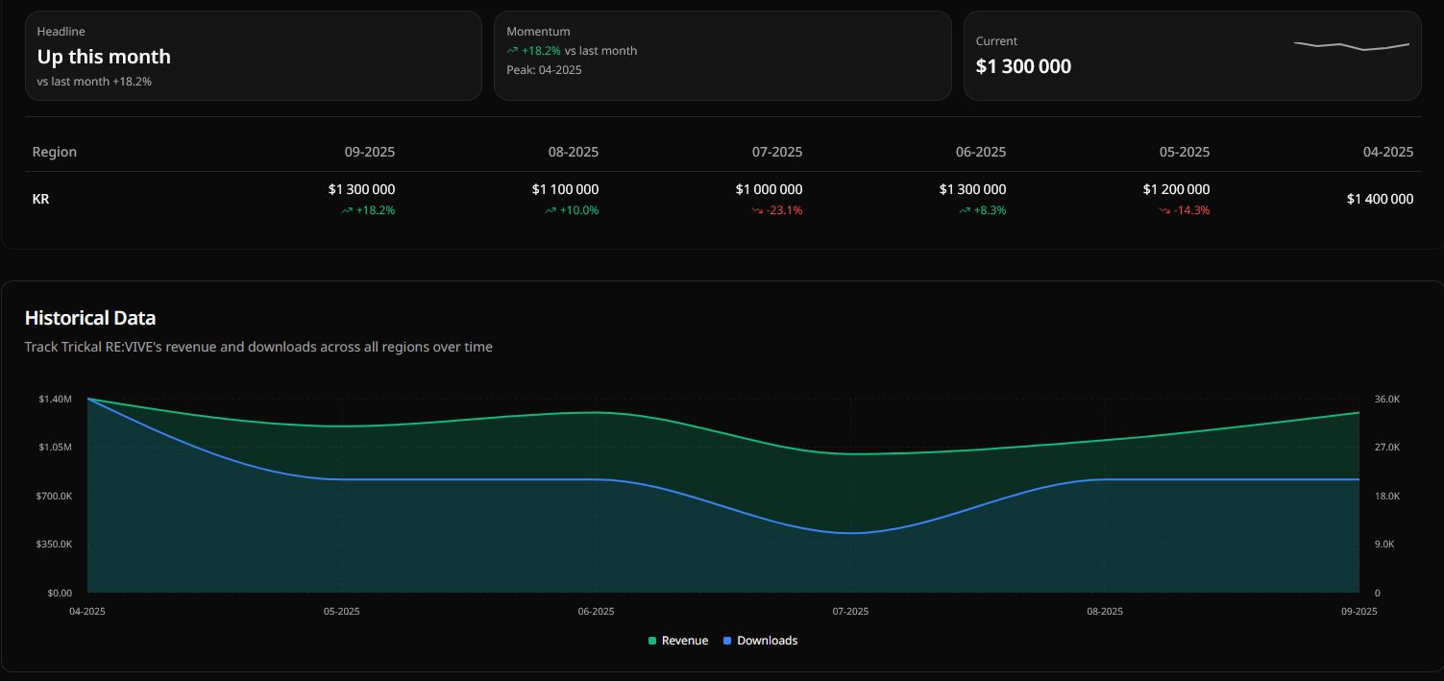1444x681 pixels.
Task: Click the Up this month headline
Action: (x=104, y=57)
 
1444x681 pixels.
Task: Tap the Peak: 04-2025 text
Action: (x=544, y=70)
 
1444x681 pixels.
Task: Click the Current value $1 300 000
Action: (x=1023, y=66)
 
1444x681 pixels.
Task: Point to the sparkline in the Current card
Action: (x=1352, y=45)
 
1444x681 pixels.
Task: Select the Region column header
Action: (x=55, y=152)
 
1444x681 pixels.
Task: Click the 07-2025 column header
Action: (x=776, y=152)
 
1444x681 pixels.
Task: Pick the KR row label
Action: (x=41, y=199)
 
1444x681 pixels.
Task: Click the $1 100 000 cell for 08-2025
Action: (x=565, y=189)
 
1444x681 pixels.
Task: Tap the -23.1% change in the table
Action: (x=784, y=210)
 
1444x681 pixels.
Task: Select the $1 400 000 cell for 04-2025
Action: (x=1380, y=199)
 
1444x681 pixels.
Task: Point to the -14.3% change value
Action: (x=1191, y=210)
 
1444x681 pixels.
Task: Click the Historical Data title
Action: (x=90, y=318)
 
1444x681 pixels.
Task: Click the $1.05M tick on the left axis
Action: (x=56, y=448)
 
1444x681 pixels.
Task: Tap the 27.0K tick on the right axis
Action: (x=1387, y=448)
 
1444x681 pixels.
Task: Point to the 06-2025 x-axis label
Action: (x=596, y=612)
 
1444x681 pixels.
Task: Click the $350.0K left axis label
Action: (x=55, y=545)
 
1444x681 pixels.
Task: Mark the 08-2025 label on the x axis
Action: (x=1105, y=612)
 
